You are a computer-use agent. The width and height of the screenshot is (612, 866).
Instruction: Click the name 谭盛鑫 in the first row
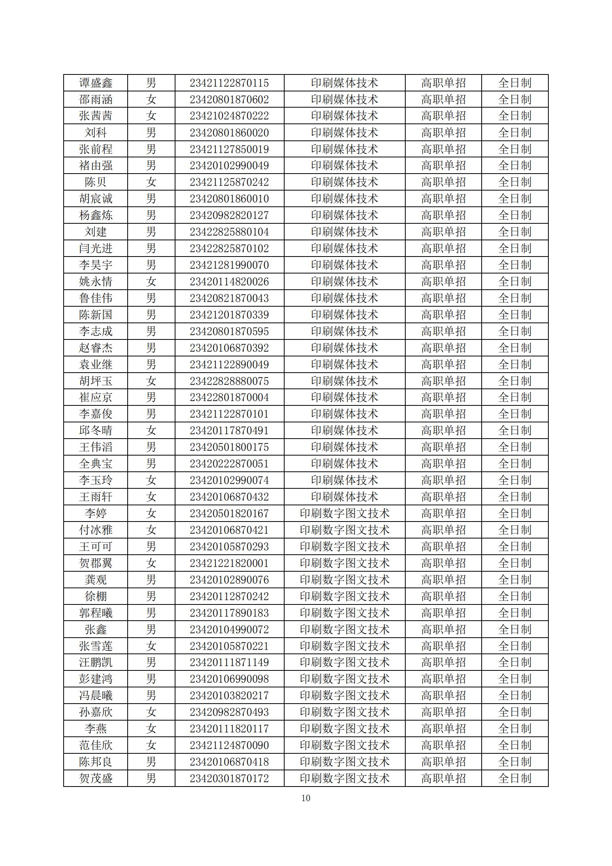click(x=96, y=83)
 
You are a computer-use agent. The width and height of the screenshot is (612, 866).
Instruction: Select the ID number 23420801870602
click(x=229, y=100)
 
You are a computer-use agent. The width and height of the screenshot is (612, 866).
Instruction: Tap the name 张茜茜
click(x=96, y=116)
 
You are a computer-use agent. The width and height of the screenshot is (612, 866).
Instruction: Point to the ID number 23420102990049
click(x=229, y=165)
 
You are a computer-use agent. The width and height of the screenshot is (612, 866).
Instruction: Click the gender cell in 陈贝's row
click(x=151, y=182)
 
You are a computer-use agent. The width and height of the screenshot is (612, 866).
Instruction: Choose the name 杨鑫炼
click(x=96, y=215)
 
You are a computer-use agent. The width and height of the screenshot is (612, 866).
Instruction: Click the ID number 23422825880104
click(x=229, y=232)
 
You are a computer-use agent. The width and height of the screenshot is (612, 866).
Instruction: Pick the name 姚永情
click(x=96, y=282)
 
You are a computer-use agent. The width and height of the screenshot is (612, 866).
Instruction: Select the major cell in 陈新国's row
click(x=344, y=315)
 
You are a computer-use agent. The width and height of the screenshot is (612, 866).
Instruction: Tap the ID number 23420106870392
click(x=229, y=348)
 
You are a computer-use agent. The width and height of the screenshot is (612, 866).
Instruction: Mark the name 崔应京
click(x=96, y=397)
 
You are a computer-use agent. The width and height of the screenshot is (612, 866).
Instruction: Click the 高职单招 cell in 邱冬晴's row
click(x=443, y=430)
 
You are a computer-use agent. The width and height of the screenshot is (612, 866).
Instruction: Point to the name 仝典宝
click(x=96, y=464)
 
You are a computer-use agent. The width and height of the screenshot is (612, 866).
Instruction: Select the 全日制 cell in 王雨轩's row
click(x=514, y=497)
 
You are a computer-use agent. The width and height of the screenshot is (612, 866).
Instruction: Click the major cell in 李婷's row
click(x=344, y=513)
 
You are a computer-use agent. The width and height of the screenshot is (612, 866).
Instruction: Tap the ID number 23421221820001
click(x=229, y=563)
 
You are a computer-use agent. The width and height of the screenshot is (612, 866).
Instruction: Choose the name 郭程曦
click(x=96, y=613)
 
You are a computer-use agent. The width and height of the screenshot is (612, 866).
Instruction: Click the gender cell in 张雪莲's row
click(x=151, y=646)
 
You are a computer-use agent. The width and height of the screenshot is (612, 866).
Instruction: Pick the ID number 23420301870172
click(x=229, y=778)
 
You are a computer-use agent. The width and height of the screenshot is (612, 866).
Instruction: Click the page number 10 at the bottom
click(x=306, y=798)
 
